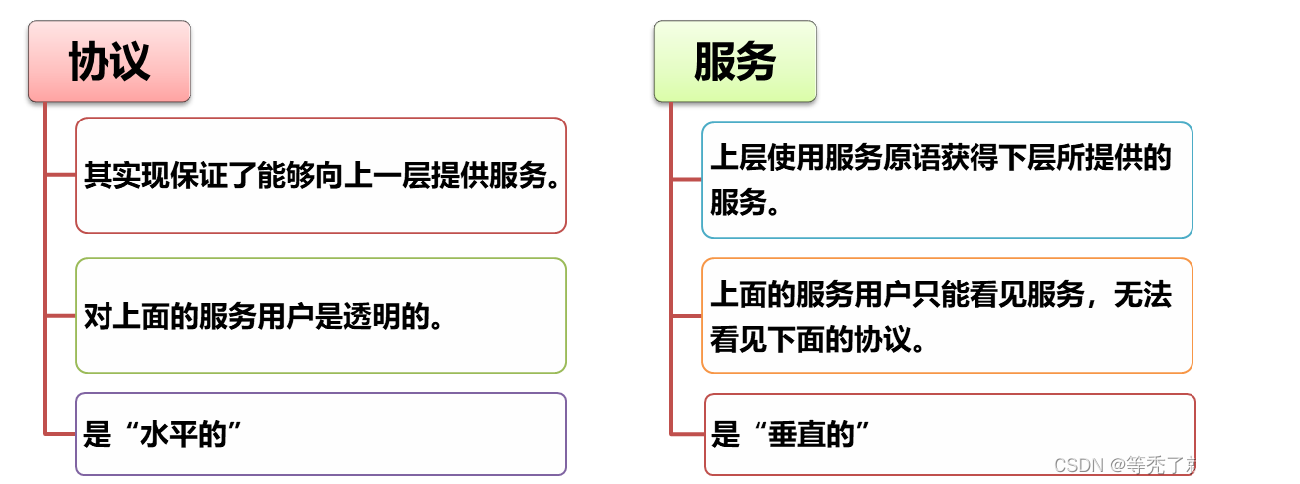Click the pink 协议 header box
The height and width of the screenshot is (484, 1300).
point(108,62)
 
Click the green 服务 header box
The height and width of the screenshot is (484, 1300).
point(735,62)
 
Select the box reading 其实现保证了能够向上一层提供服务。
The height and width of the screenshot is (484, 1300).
point(321,175)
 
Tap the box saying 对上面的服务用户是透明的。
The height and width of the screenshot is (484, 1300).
point(321,316)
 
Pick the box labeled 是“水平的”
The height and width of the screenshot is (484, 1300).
point(321,434)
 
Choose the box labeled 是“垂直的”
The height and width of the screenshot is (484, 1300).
point(949,434)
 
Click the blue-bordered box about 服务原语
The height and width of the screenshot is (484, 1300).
point(946,180)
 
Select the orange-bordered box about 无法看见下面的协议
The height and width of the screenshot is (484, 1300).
point(946,316)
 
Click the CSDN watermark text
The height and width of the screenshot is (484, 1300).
point(1168,465)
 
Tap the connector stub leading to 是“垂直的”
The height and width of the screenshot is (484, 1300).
point(688,433)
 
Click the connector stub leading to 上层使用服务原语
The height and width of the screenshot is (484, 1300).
point(686,180)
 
